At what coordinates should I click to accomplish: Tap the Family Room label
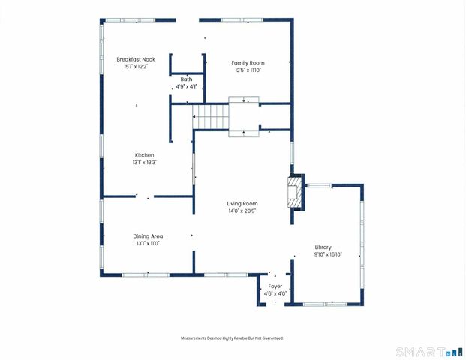(x=248, y=63)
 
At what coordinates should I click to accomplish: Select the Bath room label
(x=186, y=79)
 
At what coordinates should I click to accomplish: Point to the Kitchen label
(x=145, y=155)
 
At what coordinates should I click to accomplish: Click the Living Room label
(x=243, y=204)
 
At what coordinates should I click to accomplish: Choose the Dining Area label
(x=149, y=236)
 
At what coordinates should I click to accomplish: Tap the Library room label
(x=323, y=247)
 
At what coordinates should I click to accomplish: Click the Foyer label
(x=275, y=286)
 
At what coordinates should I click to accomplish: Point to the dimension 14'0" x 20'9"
(x=243, y=211)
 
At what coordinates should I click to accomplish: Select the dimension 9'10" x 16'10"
(x=328, y=254)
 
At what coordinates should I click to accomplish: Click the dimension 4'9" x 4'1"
(x=186, y=86)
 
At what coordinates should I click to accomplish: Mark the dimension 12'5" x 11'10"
(x=247, y=70)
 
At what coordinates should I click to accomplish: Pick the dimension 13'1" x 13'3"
(x=145, y=162)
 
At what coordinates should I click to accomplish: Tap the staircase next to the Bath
(x=210, y=116)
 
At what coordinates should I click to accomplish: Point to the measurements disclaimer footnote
(x=233, y=338)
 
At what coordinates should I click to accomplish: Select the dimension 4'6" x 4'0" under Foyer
(x=275, y=293)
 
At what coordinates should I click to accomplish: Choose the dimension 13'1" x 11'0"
(x=149, y=243)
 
